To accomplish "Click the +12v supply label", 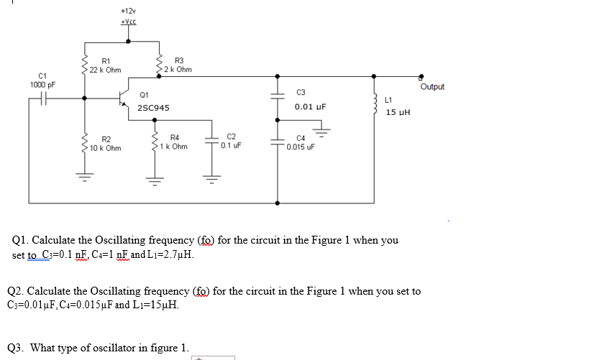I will (x=128, y=11).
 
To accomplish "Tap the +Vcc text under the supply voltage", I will (x=128, y=22).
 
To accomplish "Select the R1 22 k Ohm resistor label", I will (x=105, y=65).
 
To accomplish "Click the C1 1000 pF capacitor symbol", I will (x=45, y=98).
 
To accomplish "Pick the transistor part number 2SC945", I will (x=153, y=108).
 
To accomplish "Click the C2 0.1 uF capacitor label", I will (x=231, y=140).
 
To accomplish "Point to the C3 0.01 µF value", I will (x=310, y=107).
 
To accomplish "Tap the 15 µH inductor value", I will (x=397, y=113).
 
